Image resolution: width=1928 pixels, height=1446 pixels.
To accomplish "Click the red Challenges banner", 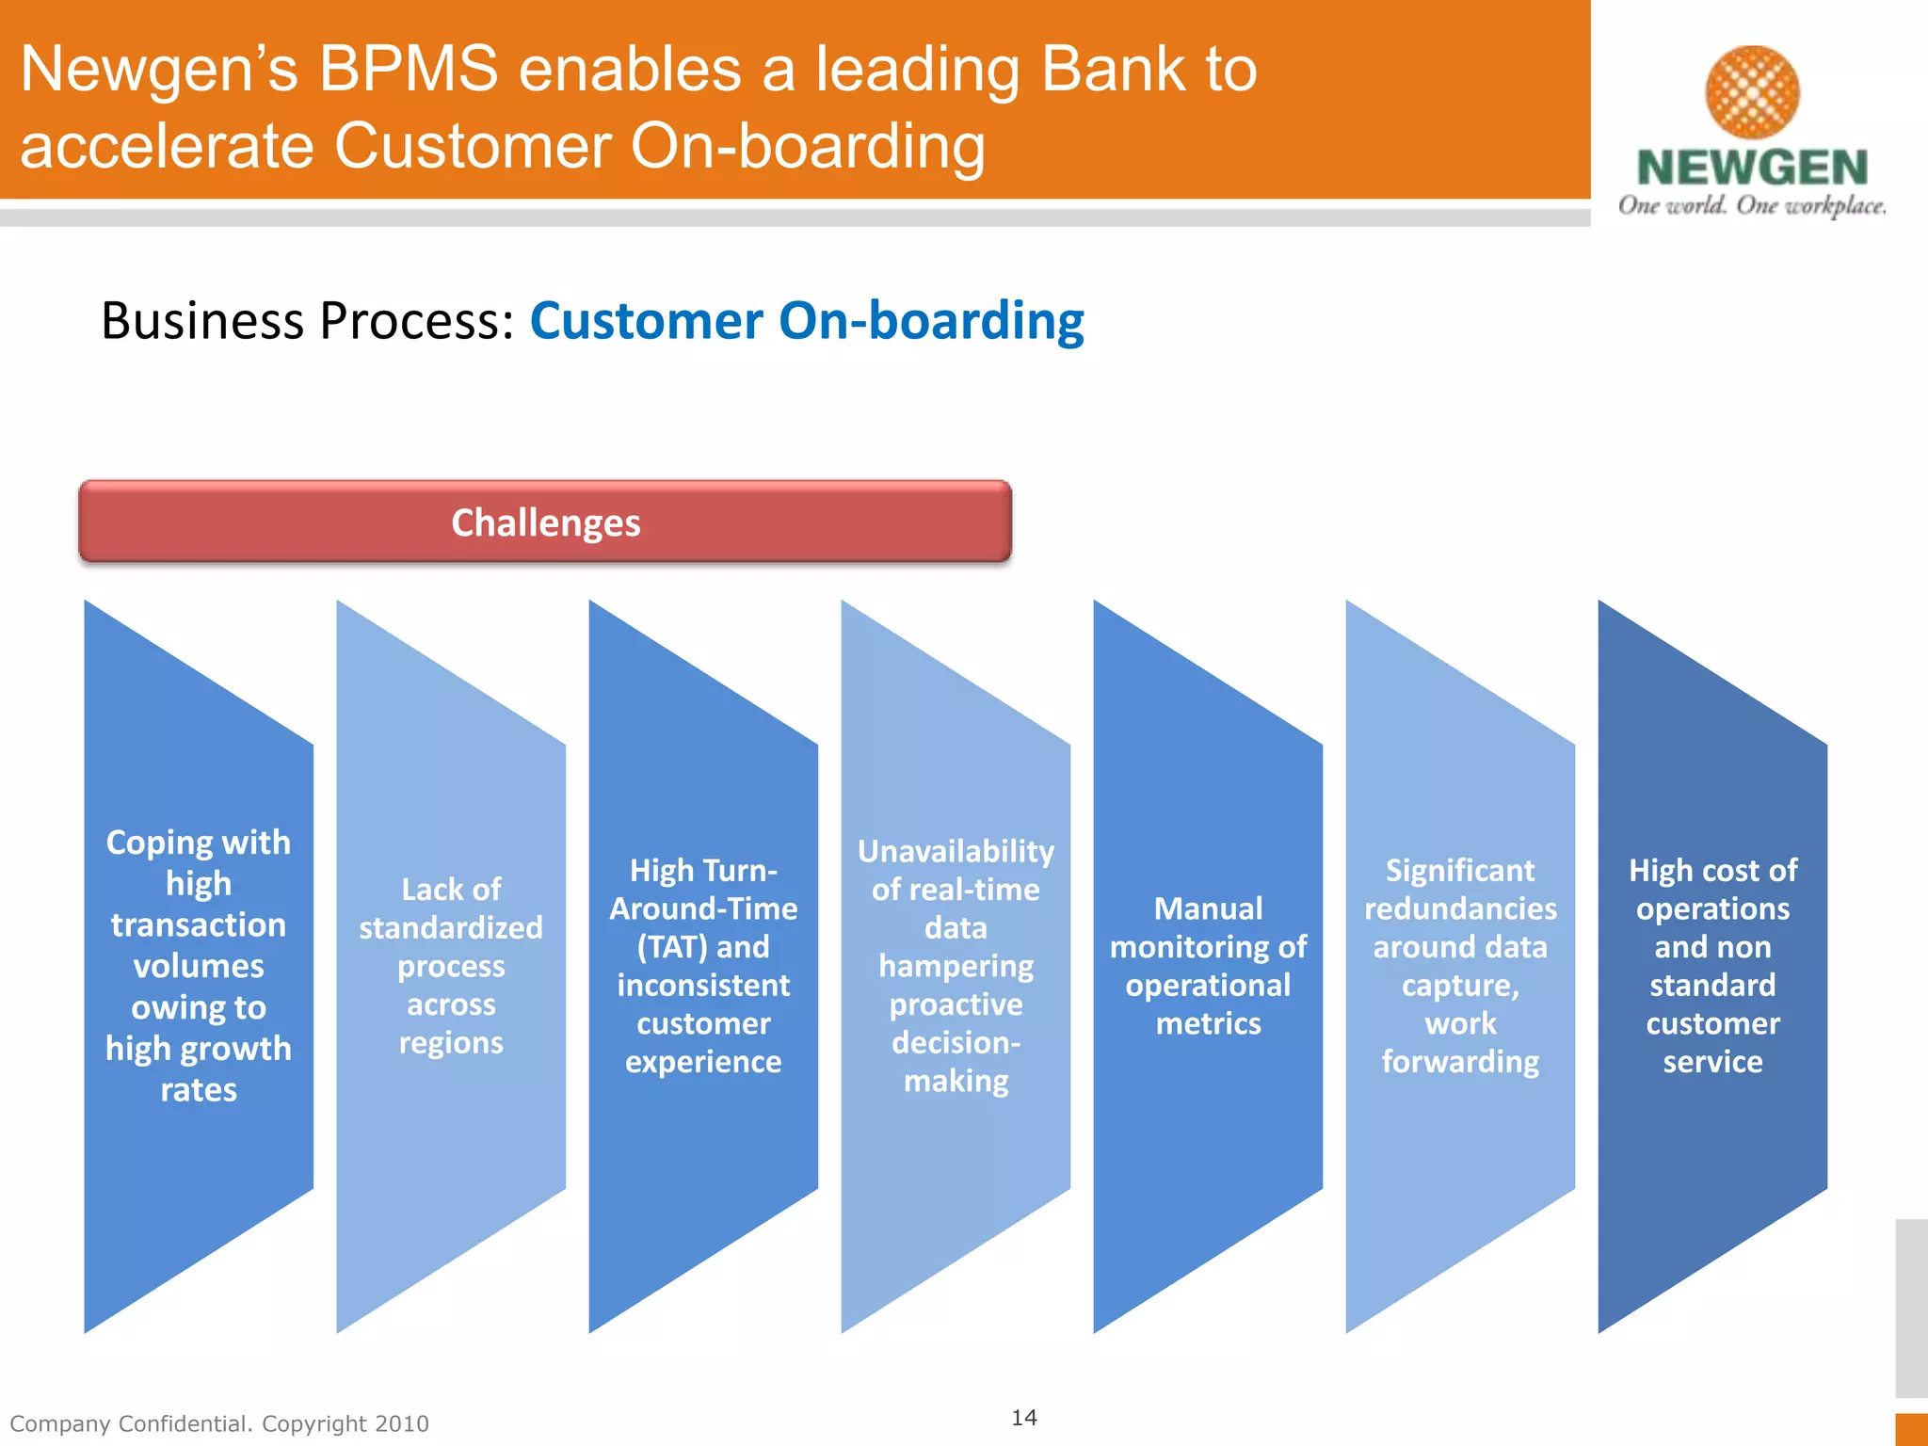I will coord(545,522).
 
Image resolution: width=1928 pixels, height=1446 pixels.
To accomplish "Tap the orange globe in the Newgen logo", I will coord(1752,92).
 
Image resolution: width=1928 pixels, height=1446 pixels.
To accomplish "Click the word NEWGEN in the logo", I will coord(1752,169).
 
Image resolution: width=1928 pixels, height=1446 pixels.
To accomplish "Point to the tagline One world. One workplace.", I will coord(1752,206).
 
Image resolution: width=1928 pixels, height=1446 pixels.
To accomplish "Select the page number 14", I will coord(1024,1418).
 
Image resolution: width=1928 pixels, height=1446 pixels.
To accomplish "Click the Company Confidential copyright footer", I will coord(219,1423).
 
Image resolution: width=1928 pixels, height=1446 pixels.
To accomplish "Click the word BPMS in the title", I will coord(408,70).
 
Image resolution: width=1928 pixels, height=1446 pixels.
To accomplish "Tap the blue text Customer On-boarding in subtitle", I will coord(807,321).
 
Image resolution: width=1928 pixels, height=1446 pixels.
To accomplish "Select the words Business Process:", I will coord(308,321).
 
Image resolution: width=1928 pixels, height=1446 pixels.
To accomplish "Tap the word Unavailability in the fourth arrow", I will coord(956,851).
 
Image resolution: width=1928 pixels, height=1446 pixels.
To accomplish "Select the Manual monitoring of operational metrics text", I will coord(1208,966).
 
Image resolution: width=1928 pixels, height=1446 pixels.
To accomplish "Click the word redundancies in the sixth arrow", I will coord(1460,908).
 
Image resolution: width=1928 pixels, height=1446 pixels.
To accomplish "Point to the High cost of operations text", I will coord(1712,890).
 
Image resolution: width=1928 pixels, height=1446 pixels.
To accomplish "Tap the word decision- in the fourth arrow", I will coord(956,1043).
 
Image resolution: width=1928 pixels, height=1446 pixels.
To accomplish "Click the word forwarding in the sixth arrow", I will coord(1460,1062).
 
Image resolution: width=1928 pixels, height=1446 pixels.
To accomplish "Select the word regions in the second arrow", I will coord(451,1043).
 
